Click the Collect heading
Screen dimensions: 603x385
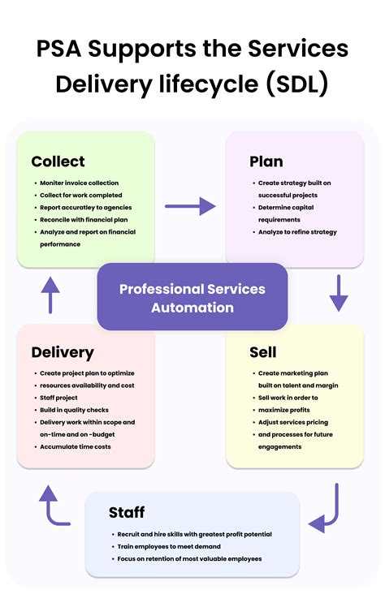coord(58,161)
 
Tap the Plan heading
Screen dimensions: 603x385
coord(266,161)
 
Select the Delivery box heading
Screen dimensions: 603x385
coord(63,352)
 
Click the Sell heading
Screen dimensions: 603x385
coord(262,352)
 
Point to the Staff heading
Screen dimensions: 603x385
coord(127,512)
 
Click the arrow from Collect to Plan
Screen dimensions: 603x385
coord(190,206)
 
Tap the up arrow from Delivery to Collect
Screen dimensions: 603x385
coord(50,295)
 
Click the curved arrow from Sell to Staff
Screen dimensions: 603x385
coord(328,509)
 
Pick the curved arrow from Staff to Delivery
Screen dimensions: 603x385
coord(54,506)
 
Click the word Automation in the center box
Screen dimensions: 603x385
coord(192,308)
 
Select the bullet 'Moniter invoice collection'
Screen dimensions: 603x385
coord(79,183)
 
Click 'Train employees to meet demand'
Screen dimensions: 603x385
coord(175,546)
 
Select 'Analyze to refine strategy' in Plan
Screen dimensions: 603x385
coord(297,232)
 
